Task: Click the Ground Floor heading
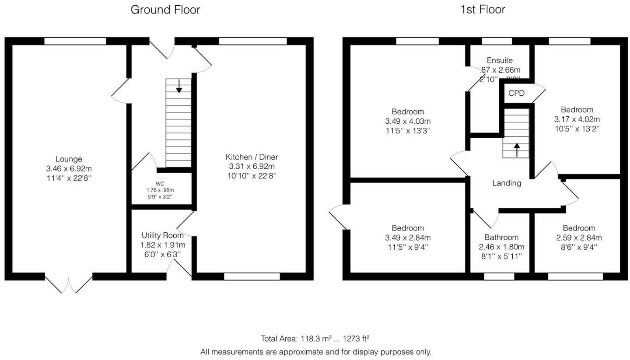click(165, 10)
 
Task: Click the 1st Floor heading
click(483, 10)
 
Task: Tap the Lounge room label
click(69, 159)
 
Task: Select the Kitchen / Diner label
click(252, 157)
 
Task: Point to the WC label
click(160, 184)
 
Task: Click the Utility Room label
click(162, 235)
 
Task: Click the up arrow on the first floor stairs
click(516, 150)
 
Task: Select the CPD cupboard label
click(516, 94)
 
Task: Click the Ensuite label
click(499, 60)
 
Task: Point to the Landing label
click(507, 183)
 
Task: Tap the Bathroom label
click(501, 238)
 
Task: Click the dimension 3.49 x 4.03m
click(408, 121)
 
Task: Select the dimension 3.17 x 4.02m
click(577, 119)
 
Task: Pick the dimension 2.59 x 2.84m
click(579, 238)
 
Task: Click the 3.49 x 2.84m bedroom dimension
click(408, 238)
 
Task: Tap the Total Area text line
click(315, 339)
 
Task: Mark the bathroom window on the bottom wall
click(499, 276)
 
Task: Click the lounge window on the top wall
click(75, 41)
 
